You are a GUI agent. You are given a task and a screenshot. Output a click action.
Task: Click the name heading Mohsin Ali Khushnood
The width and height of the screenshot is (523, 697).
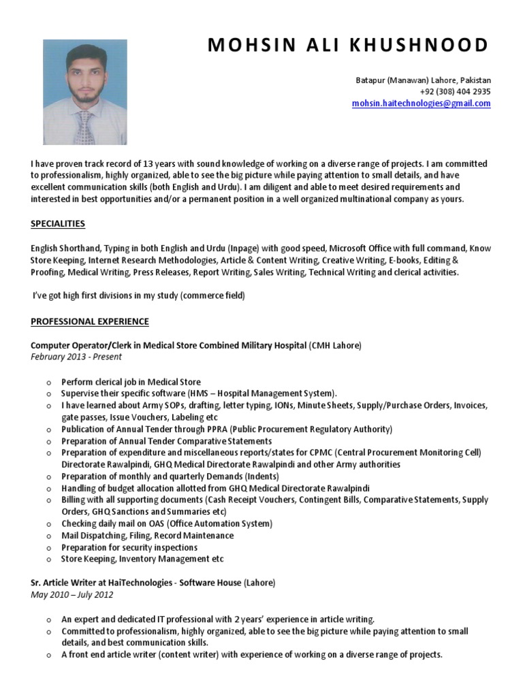pos(347,46)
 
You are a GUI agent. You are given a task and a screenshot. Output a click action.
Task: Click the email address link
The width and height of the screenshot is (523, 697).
pos(421,103)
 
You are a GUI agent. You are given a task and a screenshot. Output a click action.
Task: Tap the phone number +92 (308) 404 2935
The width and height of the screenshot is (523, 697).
pos(455,92)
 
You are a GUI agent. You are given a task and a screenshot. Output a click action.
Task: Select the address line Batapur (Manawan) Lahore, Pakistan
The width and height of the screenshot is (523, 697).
pos(423,80)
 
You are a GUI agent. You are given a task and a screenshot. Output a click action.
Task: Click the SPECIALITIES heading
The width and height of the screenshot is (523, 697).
pos(58,224)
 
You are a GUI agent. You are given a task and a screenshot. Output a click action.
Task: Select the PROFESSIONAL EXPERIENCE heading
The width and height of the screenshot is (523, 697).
pos(89,321)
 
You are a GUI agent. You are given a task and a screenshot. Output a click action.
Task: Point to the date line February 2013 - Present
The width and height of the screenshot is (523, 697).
pos(76,357)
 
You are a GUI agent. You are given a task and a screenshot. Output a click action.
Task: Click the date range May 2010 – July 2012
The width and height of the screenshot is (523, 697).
pos(72,594)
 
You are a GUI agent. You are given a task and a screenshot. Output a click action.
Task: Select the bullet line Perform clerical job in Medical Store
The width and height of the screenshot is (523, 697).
pos(131,382)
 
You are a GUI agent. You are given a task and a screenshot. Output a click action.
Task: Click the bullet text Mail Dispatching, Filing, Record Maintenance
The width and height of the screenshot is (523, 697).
pos(147,536)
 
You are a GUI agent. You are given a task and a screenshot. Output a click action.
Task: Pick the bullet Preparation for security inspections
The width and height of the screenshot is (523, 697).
pos(129,547)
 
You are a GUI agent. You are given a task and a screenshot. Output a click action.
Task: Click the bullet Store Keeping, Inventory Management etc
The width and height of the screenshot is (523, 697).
pos(142,559)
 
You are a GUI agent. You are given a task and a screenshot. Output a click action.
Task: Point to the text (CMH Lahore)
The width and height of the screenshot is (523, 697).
pos(336,346)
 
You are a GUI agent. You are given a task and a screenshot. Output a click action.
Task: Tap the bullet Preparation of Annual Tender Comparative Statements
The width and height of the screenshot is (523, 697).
pos(166,441)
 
